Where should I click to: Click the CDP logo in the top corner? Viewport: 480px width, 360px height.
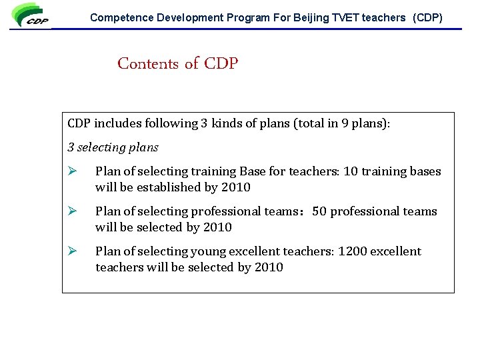[x=31, y=16]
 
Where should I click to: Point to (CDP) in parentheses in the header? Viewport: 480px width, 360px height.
[x=427, y=18]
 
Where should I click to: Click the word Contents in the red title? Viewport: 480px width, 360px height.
[x=148, y=64]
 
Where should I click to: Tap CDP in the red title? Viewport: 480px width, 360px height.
[x=221, y=64]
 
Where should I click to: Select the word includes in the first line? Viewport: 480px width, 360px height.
[x=117, y=123]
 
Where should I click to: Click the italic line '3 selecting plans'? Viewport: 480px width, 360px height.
[x=113, y=147]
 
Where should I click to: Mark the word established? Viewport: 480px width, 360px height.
[x=169, y=187]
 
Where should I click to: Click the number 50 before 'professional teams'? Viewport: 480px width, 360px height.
[x=319, y=211]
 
